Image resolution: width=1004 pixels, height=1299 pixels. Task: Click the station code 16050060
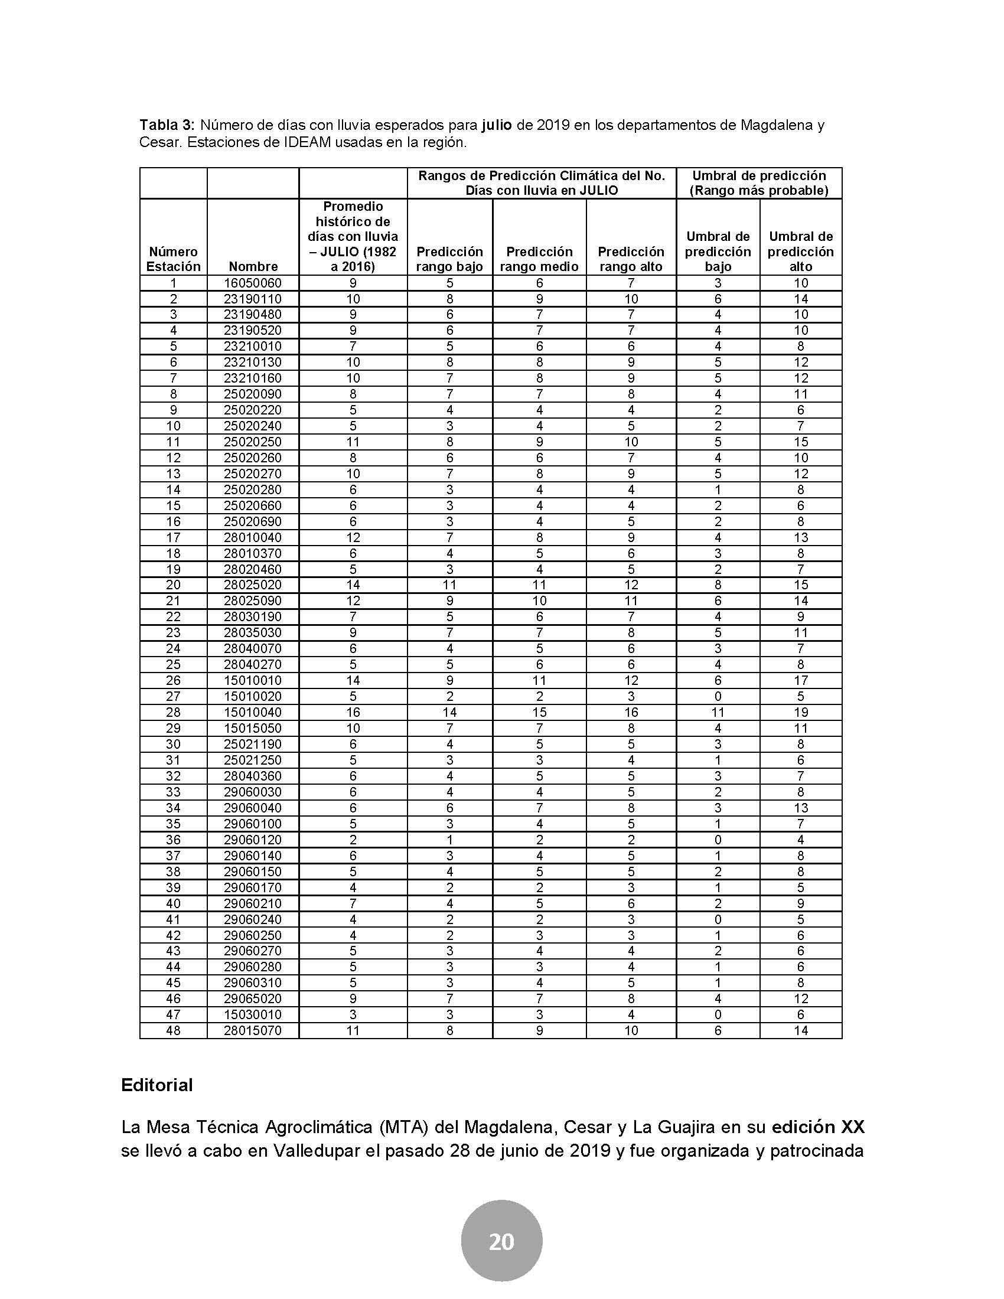point(253,283)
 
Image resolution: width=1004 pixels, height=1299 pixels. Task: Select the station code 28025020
point(253,585)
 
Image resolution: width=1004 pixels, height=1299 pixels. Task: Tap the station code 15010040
point(253,713)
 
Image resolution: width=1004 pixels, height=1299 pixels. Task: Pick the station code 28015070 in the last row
point(253,1031)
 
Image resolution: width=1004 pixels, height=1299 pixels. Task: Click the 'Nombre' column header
point(253,266)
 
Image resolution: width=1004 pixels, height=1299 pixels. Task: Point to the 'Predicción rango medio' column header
point(539,259)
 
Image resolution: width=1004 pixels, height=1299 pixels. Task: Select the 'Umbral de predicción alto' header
point(801,252)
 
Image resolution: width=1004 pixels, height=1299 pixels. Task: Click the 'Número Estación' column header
point(173,259)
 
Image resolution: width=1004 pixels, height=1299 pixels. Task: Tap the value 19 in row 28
point(801,713)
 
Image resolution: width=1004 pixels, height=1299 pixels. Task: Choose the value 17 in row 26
point(801,680)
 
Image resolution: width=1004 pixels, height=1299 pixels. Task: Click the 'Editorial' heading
point(157,1085)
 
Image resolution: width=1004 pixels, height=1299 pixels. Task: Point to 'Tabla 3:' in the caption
point(167,126)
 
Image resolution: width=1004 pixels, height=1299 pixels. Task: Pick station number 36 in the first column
point(173,840)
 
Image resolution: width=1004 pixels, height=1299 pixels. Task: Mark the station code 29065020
point(253,998)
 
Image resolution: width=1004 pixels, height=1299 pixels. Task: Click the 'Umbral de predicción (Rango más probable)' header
point(759,183)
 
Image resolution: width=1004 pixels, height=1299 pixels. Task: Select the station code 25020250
point(253,442)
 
